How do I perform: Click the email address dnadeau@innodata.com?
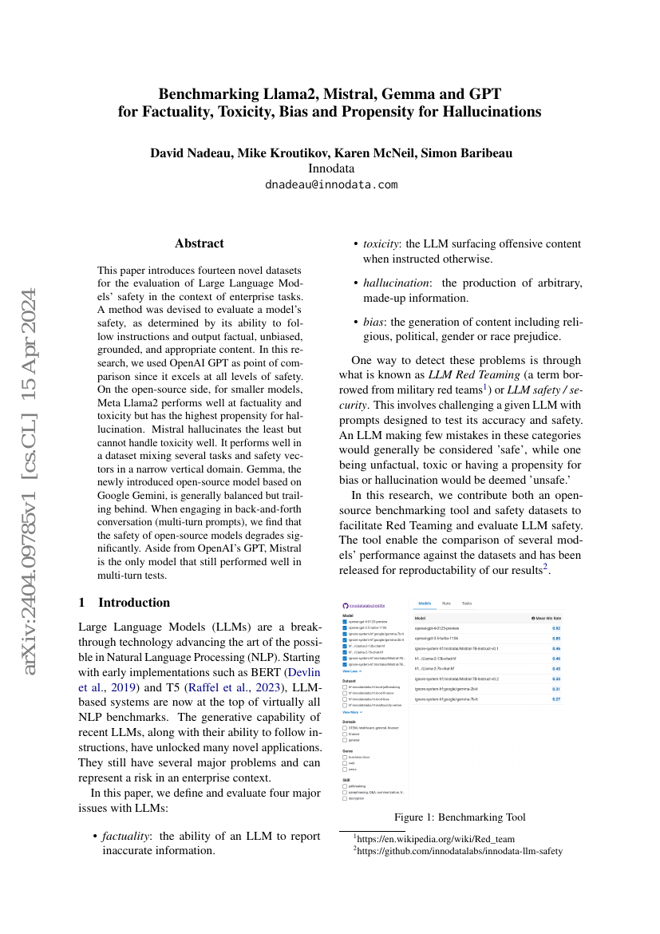tap(330, 184)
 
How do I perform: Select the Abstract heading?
tap(200, 243)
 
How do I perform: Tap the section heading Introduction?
tap(133, 602)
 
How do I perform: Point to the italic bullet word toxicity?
tap(381, 244)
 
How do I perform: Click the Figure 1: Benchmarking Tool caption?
tap(460, 817)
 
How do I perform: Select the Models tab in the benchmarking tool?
tap(425, 604)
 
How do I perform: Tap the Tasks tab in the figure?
tap(467, 604)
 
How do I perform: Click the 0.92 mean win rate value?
tap(556, 628)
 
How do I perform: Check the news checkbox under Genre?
tap(345, 769)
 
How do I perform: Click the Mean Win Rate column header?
tap(547, 618)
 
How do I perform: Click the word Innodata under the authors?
tap(330, 168)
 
